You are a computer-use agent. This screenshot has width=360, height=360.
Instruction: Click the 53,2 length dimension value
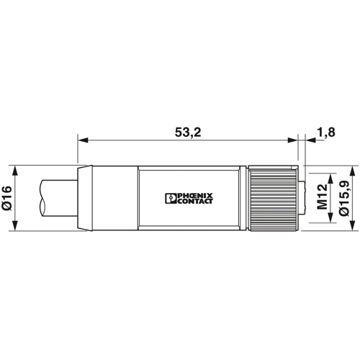(x=187, y=132)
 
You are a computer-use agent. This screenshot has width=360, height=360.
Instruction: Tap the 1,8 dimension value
(x=325, y=132)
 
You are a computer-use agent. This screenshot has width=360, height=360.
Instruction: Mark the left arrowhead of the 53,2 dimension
(x=81, y=141)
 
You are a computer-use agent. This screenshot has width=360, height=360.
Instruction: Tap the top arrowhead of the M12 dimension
(x=331, y=176)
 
